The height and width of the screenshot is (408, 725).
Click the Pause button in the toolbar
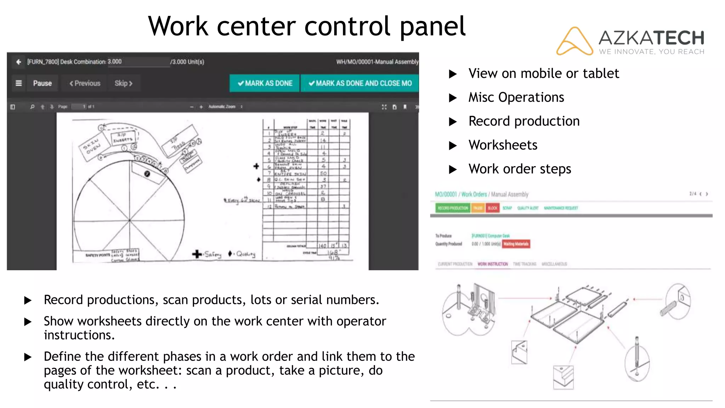click(x=42, y=83)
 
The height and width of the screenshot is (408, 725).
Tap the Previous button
click(x=85, y=83)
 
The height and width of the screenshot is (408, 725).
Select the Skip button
click(x=123, y=83)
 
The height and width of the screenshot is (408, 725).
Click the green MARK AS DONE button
click(x=265, y=83)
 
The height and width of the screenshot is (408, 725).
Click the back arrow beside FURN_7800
click(x=18, y=62)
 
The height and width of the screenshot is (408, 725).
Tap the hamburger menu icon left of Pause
click(x=19, y=83)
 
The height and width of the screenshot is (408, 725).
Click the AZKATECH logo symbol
click(x=574, y=41)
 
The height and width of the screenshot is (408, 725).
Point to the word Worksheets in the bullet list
click(x=503, y=145)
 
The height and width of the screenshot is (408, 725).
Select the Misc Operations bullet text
click(x=516, y=97)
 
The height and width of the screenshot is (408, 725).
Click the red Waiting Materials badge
click(x=516, y=244)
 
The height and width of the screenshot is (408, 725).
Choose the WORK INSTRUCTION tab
click(x=492, y=264)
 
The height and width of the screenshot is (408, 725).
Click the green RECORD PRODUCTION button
click(x=452, y=208)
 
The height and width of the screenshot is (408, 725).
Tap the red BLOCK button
click(x=492, y=208)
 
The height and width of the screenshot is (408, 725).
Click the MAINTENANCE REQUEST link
click(x=561, y=208)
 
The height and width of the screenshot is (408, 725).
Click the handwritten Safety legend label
click(x=212, y=254)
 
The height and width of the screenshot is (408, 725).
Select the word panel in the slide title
click(x=433, y=27)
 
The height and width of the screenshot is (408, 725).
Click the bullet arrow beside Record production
click(x=453, y=121)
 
